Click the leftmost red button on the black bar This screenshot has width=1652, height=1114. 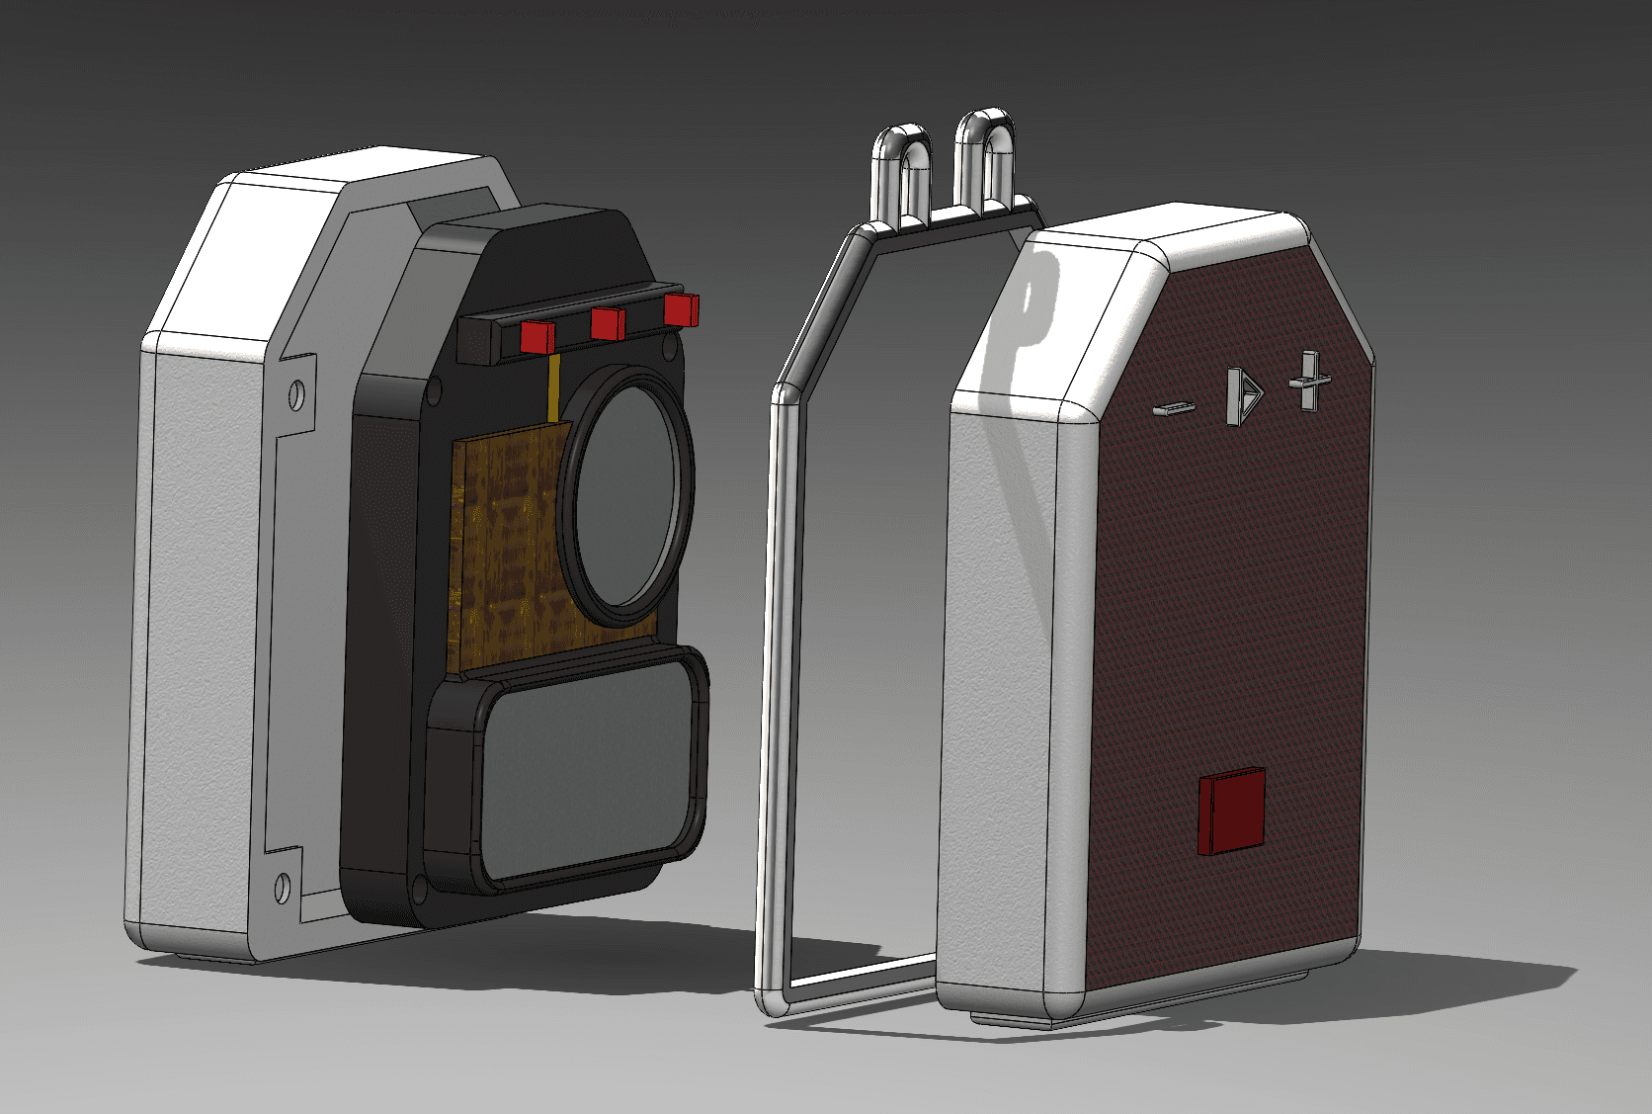tap(537, 336)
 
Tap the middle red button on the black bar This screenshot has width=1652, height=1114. tap(608, 323)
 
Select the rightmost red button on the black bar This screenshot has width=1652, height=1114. tap(681, 309)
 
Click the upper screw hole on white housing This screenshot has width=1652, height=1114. tap(294, 397)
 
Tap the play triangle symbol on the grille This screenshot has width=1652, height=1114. tap(1244, 396)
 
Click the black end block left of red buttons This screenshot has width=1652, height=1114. tap(477, 341)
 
